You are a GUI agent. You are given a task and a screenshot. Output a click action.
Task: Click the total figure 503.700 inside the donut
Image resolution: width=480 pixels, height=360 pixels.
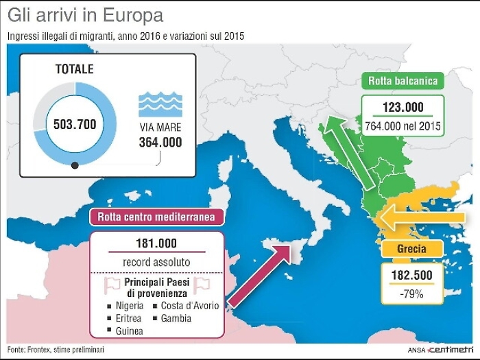tap(75, 124)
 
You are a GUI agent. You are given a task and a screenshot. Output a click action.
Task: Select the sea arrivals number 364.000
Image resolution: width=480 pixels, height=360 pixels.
tap(160, 142)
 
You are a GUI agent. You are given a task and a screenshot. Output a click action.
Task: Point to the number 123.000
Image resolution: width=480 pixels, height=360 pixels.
tap(403, 108)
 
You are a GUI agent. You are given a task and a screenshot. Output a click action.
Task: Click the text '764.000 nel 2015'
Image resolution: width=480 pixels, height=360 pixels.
tap(403, 126)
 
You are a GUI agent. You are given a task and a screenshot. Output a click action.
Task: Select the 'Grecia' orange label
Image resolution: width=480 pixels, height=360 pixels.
tap(411, 249)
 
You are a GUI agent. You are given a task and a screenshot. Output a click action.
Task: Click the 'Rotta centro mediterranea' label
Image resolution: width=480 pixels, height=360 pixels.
tap(157, 217)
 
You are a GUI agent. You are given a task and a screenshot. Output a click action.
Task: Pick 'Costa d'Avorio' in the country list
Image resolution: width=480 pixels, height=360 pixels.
tap(190, 305)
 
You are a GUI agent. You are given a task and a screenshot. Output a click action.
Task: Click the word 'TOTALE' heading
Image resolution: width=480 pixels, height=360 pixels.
tap(74, 69)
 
